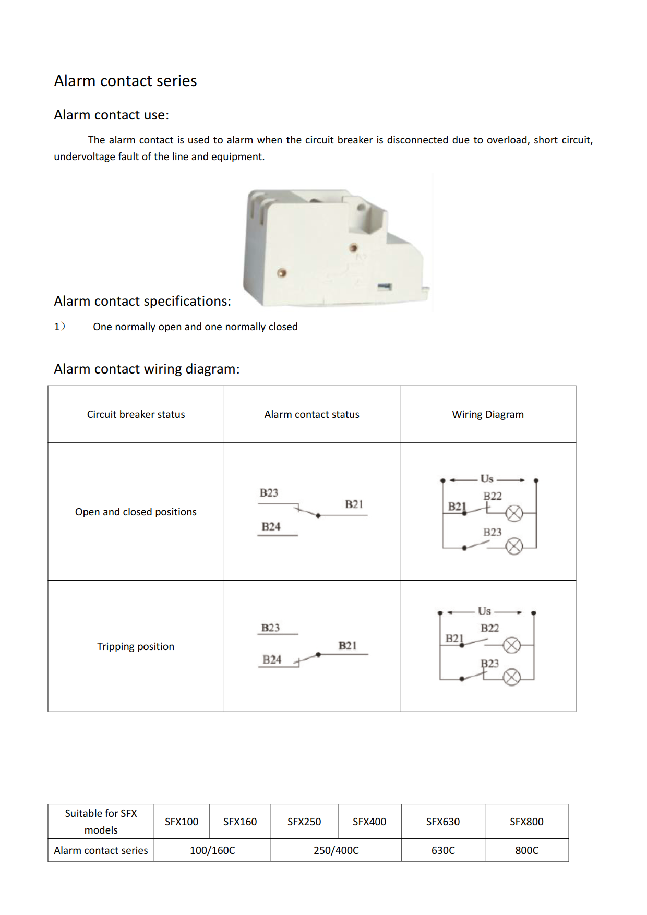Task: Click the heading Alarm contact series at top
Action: click(125, 81)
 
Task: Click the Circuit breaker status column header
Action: click(136, 414)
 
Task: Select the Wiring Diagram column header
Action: click(487, 414)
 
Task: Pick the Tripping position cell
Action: click(136, 646)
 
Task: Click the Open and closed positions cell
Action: click(136, 512)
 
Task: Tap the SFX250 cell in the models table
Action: click(304, 822)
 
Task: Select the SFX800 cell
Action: click(526, 822)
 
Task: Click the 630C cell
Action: click(443, 850)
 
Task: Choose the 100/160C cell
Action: click(212, 850)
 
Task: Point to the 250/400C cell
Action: click(336, 850)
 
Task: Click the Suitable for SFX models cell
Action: click(101, 822)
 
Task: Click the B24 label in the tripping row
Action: click(272, 660)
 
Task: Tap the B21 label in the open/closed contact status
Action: click(354, 504)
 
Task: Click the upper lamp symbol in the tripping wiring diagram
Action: click(512, 645)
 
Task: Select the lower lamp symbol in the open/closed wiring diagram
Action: click(514, 547)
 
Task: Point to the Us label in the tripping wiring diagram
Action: click(484, 611)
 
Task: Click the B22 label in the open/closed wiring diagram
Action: click(492, 496)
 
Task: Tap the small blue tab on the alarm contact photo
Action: click(385, 287)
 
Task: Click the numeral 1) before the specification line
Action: click(59, 327)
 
